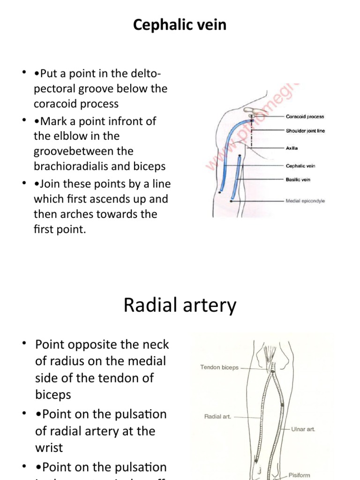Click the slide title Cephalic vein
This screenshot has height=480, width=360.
[180, 25]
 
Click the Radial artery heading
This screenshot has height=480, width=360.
[180, 306]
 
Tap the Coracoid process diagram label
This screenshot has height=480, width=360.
[305, 117]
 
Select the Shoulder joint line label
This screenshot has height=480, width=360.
[305, 131]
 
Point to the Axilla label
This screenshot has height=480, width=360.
[292, 148]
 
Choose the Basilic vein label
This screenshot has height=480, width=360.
[298, 180]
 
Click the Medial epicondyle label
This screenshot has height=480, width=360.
[305, 201]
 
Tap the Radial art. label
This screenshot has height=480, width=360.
[217, 416]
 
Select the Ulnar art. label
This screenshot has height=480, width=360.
[303, 428]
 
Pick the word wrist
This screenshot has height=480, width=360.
[49, 447]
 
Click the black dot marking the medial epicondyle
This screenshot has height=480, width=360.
[231, 201]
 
